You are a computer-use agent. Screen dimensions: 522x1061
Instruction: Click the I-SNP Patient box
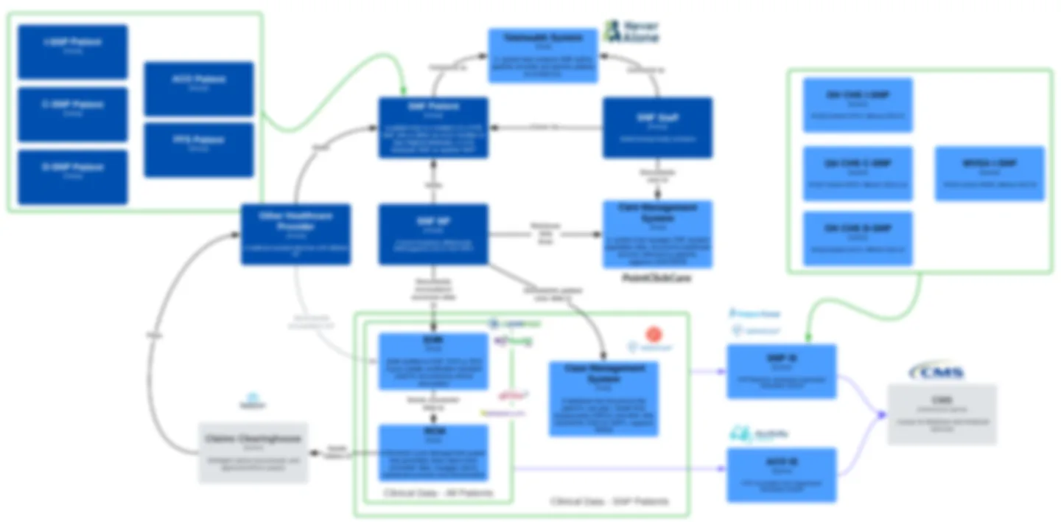pyautogui.click(x=73, y=52)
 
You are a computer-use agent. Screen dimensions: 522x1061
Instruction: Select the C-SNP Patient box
pyautogui.click(x=73, y=114)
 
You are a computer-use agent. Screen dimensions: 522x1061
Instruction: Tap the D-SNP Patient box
pyautogui.click(x=73, y=177)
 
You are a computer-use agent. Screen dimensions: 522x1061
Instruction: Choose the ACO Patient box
pyautogui.click(x=198, y=88)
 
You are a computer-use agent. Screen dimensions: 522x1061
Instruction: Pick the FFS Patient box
pyautogui.click(x=198, y=150)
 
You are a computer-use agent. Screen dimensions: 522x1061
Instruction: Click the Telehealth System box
pyautogui.click(x=543, y=55)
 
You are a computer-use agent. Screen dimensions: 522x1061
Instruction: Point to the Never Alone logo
pyautogui.click(x=631, y=31)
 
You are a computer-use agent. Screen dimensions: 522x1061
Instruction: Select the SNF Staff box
pyautogui.click(x=657, y=128)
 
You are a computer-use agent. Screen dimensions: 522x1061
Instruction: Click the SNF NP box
pyautogui.click(x=433, y=234)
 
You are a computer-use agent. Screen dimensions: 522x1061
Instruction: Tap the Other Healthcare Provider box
pyautogui.click(x=295, y=234)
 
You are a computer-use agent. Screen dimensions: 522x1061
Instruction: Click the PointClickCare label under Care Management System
pyautogui.click(x=657, y=279)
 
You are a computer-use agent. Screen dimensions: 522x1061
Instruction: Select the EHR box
pyautogui.click(x=433, y=361)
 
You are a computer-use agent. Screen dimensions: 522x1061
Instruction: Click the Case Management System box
pyautogui.click(x=603, y=398)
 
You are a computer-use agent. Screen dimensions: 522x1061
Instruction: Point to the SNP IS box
pyautogui.click(x=782, y=371)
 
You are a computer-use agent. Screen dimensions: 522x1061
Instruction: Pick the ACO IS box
pyautogui.click(x=782, y=475)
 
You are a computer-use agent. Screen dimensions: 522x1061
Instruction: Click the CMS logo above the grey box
pyautogui.click(x=936, y=372)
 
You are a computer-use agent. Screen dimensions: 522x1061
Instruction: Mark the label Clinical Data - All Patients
pyautogui.click(x=438, y=493)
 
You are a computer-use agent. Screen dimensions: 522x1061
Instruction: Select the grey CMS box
pyautogui.click(x=942, y=414)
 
